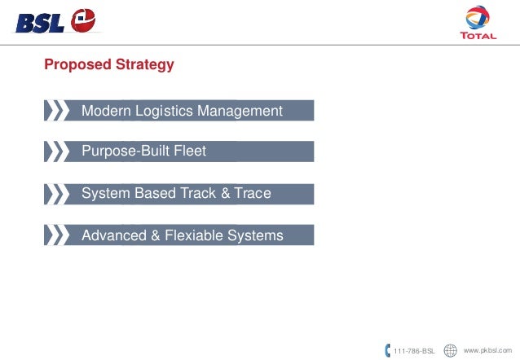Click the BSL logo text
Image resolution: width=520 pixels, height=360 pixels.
click(x=40, y=22)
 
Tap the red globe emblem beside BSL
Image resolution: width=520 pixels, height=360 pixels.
click(x=83, y=21)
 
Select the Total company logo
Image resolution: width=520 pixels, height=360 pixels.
click(x=478, y=24)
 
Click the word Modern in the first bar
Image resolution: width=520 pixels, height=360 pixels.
click(x=107, y=111)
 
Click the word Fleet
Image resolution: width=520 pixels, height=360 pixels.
click(x=190, y=151)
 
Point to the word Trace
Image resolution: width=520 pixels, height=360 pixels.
click(x=253, y=194)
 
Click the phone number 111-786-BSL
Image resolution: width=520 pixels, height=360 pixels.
click(x=414, y=350)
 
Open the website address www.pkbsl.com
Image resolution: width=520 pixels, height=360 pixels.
click(x=487, y=349)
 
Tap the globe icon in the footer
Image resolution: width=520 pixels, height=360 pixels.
click(x=450, y=350)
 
